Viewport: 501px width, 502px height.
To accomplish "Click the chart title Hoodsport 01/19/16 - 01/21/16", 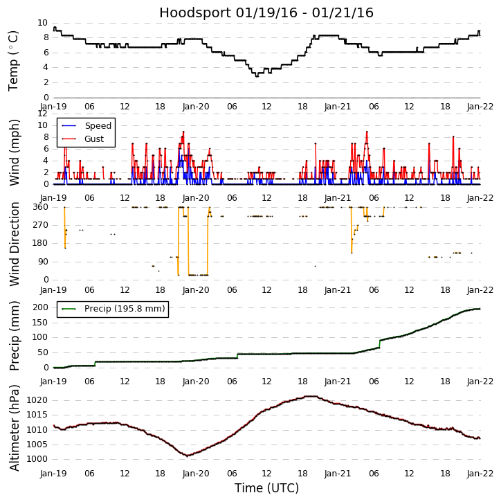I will tap(266, 13).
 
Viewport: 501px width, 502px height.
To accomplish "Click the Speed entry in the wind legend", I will tap(98, 126).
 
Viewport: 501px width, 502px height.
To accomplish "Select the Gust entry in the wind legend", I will tap(94, 139).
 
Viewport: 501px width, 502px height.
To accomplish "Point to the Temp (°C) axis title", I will tap(14, 60).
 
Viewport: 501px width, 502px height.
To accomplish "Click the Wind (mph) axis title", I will tap(14, 152).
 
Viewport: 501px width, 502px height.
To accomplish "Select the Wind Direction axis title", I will tap(14, 243).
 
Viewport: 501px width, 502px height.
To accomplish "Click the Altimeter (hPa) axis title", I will tap(14, 427).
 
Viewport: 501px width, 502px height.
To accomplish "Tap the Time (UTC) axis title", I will tap(266, 488).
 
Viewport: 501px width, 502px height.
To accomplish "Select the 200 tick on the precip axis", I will tap(40, 307).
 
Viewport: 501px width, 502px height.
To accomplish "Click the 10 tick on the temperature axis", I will tap(43, 23).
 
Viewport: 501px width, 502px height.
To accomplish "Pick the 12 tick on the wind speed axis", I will tap(43, 113).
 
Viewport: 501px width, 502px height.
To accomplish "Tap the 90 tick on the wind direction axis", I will tap(43, 262).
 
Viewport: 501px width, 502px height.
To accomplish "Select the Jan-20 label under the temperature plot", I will tap(196, 107).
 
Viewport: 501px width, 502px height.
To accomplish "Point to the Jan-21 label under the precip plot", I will tap(338, 382).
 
